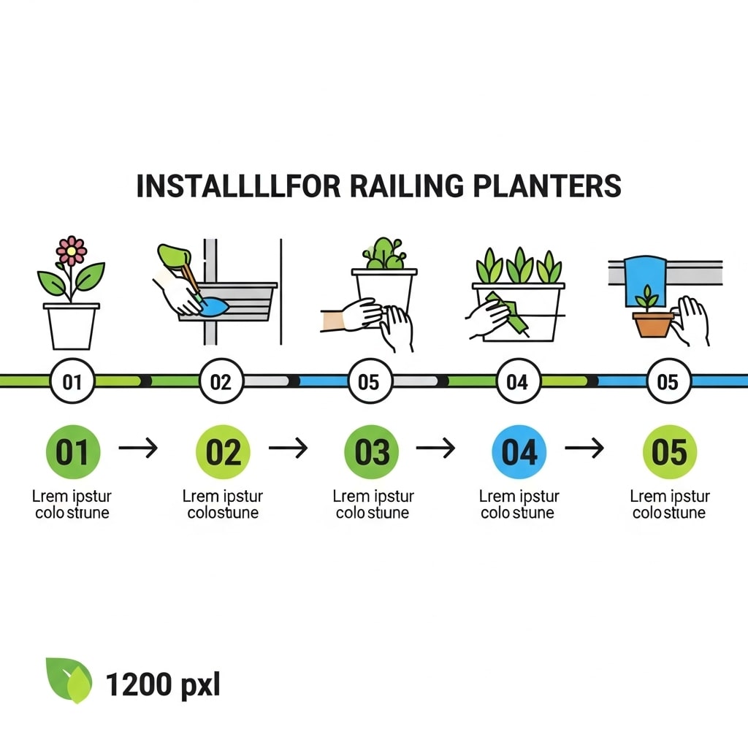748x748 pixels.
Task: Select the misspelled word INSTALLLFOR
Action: click(238, 186)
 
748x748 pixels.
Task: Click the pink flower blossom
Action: click(71, 251)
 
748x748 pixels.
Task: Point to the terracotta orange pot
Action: click(652, 324)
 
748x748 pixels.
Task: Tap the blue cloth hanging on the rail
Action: click(643, 281)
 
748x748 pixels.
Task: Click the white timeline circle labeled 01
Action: click(73, 381)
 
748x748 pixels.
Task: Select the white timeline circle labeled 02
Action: click(221, 381)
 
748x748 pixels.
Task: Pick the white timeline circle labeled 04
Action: click(517, 381)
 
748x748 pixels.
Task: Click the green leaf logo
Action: click(69, 680)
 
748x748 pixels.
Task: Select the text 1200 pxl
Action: click(162, 685)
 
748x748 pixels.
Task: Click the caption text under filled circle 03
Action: click(373, 505)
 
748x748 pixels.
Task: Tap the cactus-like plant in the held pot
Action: click(384, 254)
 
